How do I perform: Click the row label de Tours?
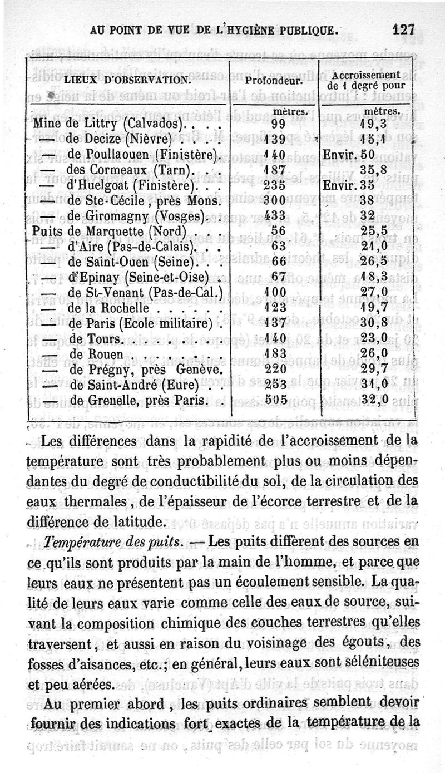pyautogui.click(x=95, y=338)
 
